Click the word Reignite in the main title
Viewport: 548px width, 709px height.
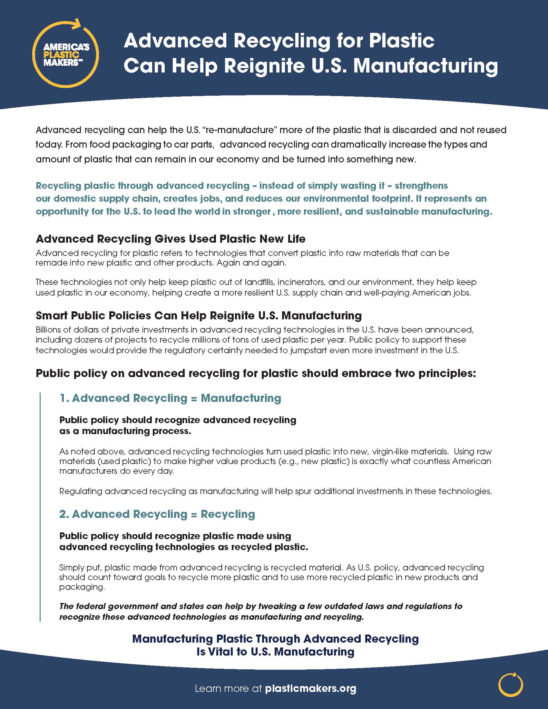[x=264, y=66]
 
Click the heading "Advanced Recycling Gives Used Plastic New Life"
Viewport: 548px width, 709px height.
[x=171, y=239]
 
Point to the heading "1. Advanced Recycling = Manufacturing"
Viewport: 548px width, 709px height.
[x=170, y=398]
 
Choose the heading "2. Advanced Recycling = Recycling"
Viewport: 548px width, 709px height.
[x=157, y=514]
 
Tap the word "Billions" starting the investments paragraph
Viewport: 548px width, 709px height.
[x=48, y=330]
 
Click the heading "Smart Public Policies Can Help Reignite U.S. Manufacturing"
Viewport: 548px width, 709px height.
[x=199, y=316]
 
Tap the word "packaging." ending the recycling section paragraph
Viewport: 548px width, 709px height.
[x=82, y=587]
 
